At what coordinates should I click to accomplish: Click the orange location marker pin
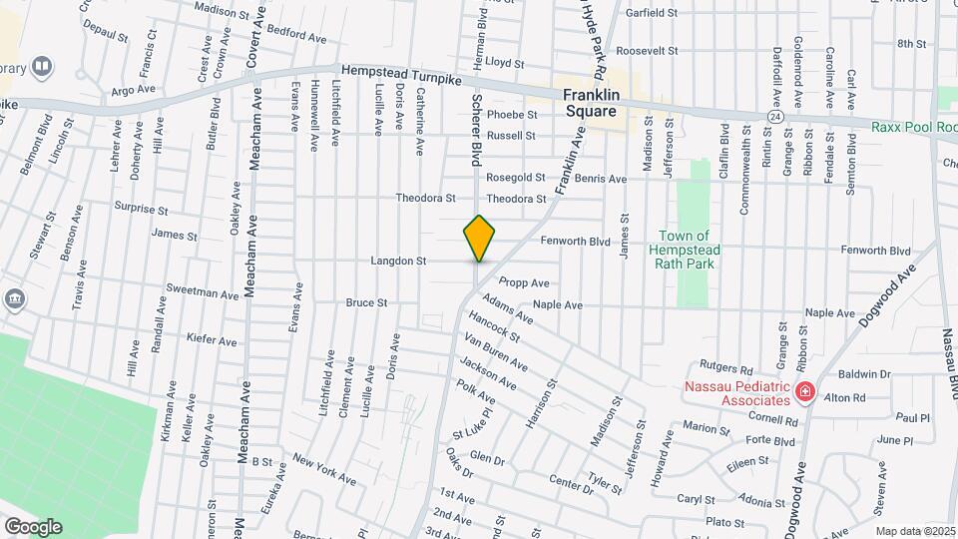point(479,238)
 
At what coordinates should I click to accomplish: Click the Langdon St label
point(398,261)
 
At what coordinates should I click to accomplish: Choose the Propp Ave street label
point(525,282)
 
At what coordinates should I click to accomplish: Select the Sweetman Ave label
point(203,294)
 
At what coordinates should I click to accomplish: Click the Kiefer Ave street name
point(212,340)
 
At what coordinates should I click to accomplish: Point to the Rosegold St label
point(515,178)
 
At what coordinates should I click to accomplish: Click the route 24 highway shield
point(774,117)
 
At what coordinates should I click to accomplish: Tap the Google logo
point(32,526)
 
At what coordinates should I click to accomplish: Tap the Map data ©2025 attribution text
point(915,531)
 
